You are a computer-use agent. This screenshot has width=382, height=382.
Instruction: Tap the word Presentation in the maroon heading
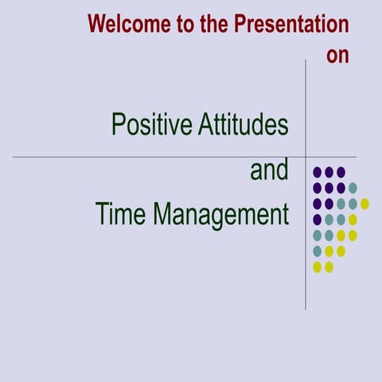point(291,24)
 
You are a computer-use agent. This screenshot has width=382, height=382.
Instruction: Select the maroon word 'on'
point(337,56)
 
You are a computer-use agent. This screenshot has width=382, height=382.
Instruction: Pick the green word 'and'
point(269,170)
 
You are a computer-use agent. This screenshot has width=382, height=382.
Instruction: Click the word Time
point(121,214)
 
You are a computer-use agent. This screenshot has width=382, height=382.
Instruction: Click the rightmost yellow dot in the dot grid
point(364,203)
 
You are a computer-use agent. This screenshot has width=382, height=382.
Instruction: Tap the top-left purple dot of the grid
point(318,171)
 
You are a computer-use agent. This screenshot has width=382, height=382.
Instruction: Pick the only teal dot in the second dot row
point(353,188)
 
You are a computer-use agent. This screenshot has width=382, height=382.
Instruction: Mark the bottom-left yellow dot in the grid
point(318,267)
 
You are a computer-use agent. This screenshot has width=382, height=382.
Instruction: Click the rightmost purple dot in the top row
point(341,171)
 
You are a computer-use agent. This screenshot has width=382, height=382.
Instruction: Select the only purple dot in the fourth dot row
point(318,219)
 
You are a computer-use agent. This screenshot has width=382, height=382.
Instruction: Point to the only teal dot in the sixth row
point(318,251)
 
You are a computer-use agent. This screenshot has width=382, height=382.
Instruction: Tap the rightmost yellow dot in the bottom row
point(329,267)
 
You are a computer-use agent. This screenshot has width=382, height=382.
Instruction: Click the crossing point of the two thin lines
point(306,157)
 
